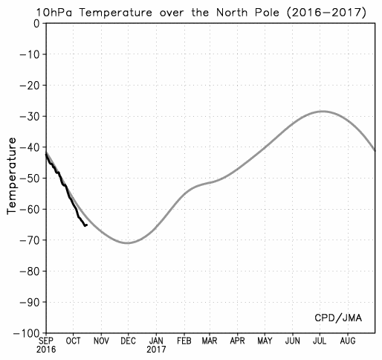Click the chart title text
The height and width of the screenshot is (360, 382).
point(201,12)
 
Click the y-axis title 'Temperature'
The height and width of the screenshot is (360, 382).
point(11,176)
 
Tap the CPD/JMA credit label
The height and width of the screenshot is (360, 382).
point(338,318)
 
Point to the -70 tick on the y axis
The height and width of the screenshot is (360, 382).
point(29,240)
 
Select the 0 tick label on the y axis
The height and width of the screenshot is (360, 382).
point(36,24)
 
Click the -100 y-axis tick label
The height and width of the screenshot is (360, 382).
point(26,333)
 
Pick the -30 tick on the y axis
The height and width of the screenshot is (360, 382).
point(29,116)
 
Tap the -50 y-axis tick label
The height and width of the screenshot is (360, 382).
point(29,178)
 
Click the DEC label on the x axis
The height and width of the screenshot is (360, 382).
point(129,341)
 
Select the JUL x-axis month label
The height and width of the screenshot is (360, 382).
point(320,341)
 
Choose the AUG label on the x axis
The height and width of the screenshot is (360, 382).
point(348,341)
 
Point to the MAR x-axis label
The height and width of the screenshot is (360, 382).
point(210,341)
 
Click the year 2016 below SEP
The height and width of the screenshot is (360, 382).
point(46,350)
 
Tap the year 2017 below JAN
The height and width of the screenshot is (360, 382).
point(156,350)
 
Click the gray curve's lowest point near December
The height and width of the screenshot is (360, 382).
point(127,243)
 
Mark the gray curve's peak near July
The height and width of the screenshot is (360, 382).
point(322,112)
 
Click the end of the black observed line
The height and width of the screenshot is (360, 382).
point(87,225)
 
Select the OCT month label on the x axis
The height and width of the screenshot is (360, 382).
point(74,341)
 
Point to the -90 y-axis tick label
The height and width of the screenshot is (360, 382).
point(29,302)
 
